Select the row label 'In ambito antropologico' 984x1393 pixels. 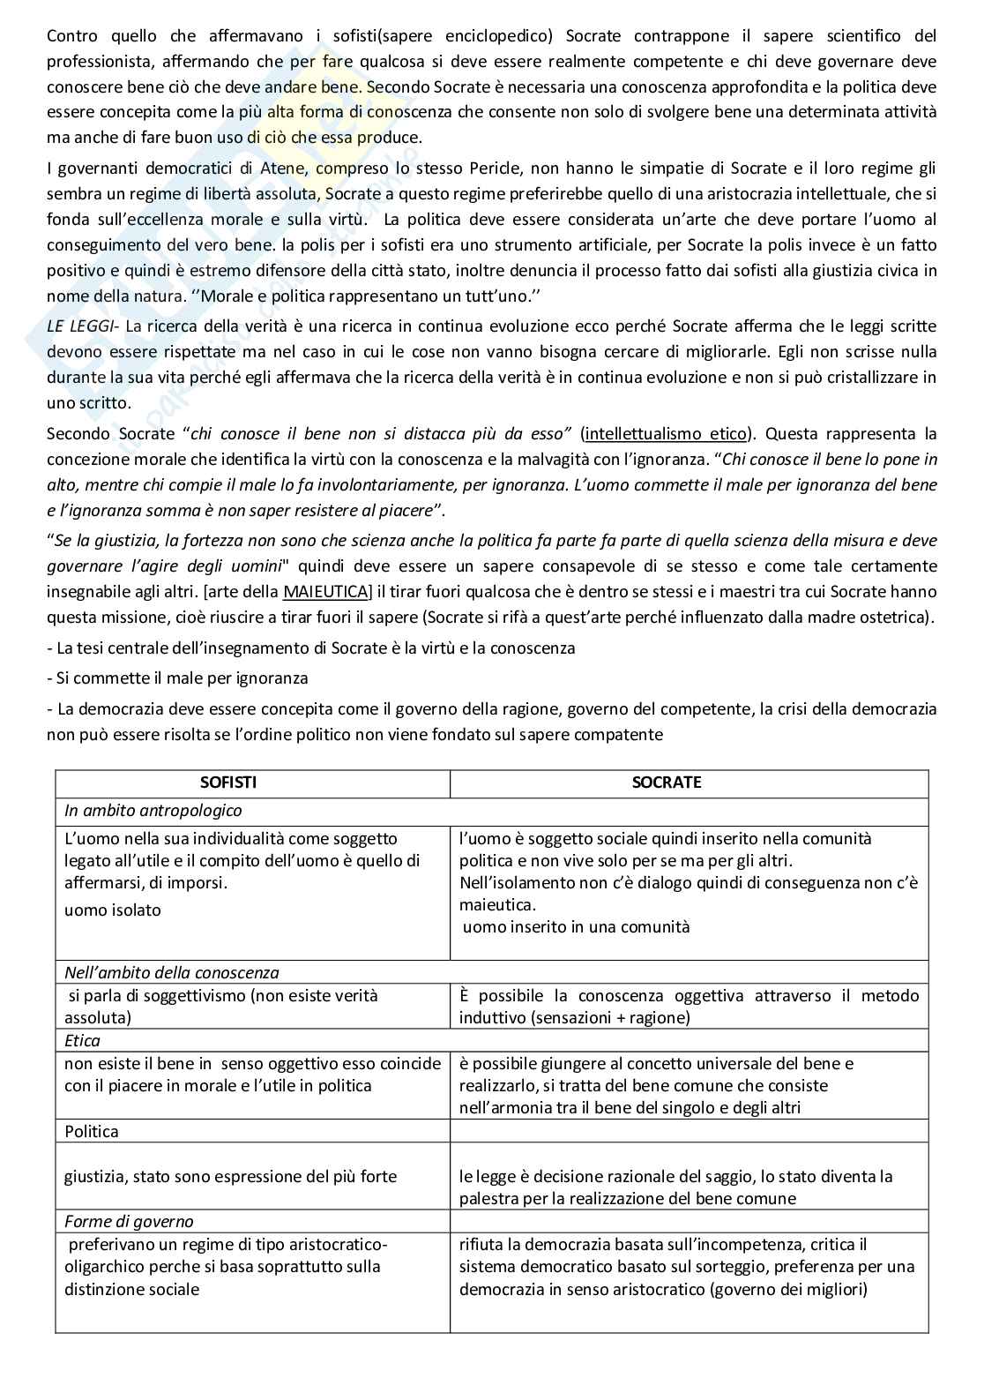click(x=153, y=810)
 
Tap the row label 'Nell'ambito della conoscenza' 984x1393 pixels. click(x=171, y=972)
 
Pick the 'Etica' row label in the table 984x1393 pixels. click(x=82, y=1040)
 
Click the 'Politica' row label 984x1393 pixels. click(x=91, y=1131)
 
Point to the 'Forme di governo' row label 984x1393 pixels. click(x=128, y=1221)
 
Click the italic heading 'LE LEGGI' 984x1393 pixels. click(x=82, y=326)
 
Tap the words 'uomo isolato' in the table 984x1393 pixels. click(x=113, y=910)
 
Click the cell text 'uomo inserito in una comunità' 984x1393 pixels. click(x=576, y=926)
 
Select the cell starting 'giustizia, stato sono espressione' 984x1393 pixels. click(x=230, y=1176)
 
